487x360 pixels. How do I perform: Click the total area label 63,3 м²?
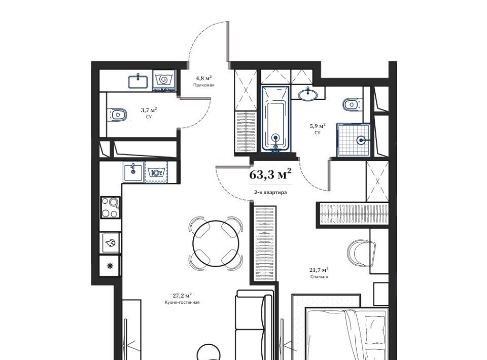click(x=270, y=174)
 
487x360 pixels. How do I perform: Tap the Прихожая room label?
click(x=204, y=85)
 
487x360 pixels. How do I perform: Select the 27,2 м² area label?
click(x=182, y=295)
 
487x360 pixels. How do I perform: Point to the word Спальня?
click(x=319, y=276)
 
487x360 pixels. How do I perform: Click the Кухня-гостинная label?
click(x=182, y=302)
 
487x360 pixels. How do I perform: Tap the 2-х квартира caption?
click(x=270, y=192)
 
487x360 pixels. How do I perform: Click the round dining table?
click(x=216, y=243)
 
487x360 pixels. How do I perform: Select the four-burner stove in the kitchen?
click(x=110, y=207)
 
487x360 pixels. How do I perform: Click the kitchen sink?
click(x=133, y=171)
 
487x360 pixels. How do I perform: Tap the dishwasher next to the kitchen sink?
click(x=156, y=171)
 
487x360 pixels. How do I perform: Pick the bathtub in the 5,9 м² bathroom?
click(x=275, y=119)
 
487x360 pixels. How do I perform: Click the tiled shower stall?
click(x=354, y=140)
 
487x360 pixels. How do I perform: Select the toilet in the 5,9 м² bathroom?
click(x=353, y=104)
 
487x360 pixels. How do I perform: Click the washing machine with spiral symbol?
click(x=164, y=81)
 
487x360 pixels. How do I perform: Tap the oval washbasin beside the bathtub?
click(x=308, y=94)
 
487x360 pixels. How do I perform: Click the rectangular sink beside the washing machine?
click(x=138, y=81)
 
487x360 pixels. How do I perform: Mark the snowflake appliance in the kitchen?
click(x=110, y=266)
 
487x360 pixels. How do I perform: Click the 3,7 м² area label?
click(x=149, y=110)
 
